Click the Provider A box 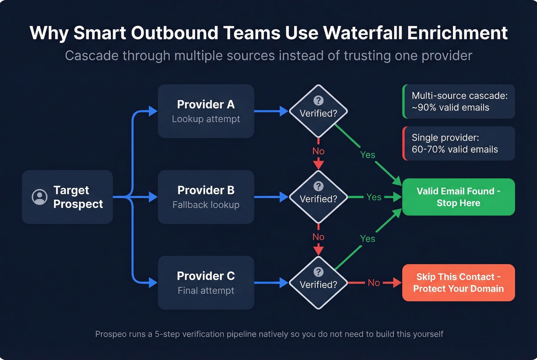point(206,111)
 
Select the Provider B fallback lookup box point(206,197)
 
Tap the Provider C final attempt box point(206,283)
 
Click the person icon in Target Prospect point(40,197)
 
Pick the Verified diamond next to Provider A point(318,111)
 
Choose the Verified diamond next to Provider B point(318,197)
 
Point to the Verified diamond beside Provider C point(318,283)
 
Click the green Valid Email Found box point(458,197)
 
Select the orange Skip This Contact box point(458,283)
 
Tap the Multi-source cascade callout point(459,102)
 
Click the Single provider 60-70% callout point(459,143)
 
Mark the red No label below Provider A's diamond point(318,151)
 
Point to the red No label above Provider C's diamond point(318,237)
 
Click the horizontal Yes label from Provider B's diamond point(374,197)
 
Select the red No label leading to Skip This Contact point(374,283)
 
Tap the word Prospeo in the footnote point(111,334)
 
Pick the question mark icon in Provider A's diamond point(318,100)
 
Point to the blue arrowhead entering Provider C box point(153,283)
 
